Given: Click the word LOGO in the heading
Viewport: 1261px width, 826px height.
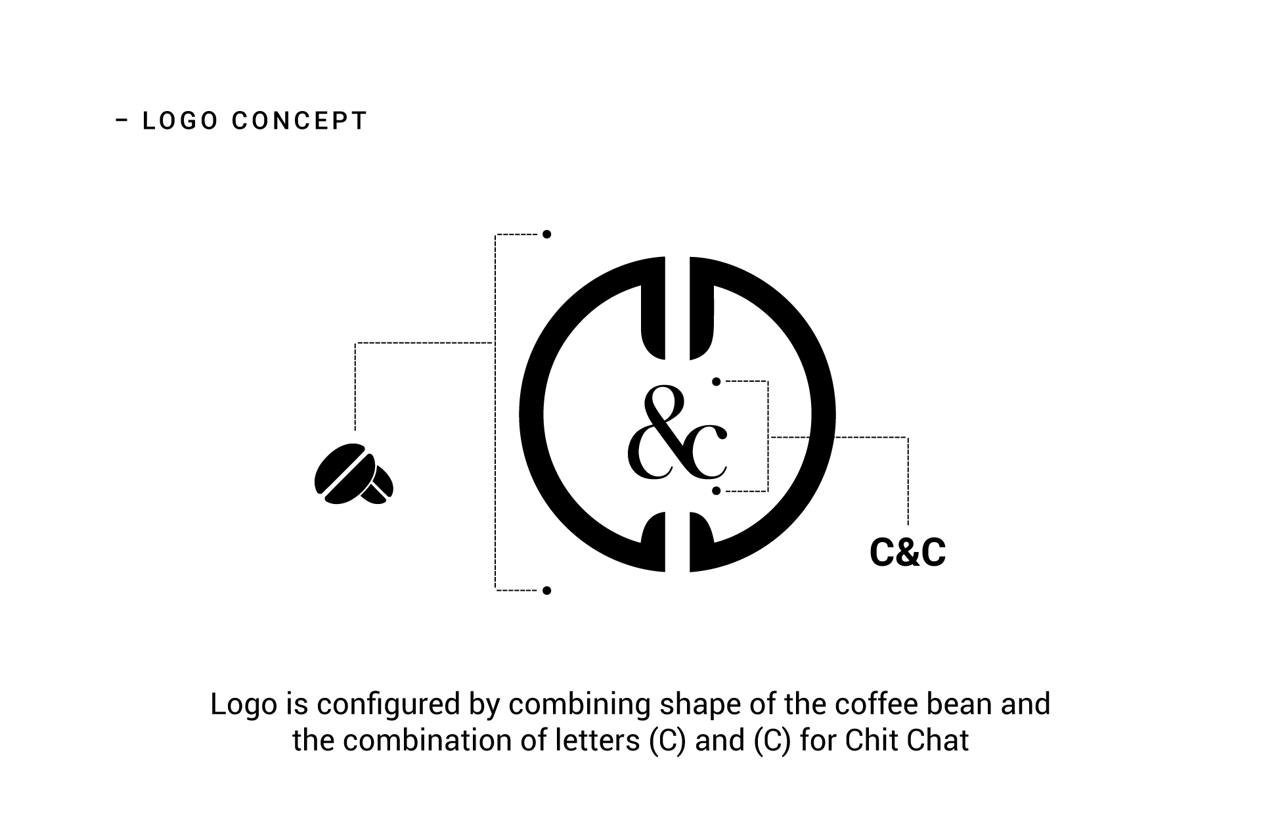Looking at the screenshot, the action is coord(180,121).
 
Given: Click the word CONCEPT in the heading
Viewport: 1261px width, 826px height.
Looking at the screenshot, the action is coord(299,121).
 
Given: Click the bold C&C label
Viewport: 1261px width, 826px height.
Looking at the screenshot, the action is coord(907,553).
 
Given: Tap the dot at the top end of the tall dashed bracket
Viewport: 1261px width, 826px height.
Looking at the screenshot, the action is coord(546,235).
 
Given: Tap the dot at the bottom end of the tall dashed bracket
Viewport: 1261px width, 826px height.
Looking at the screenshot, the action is coord(546,591).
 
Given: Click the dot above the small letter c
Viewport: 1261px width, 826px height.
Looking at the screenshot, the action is coord(716,381).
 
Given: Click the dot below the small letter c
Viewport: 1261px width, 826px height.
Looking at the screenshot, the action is coord(716,491).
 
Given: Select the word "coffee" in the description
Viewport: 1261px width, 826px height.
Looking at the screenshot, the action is coord(876,704).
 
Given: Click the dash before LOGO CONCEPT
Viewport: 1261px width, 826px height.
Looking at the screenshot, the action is coord(122,120).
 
